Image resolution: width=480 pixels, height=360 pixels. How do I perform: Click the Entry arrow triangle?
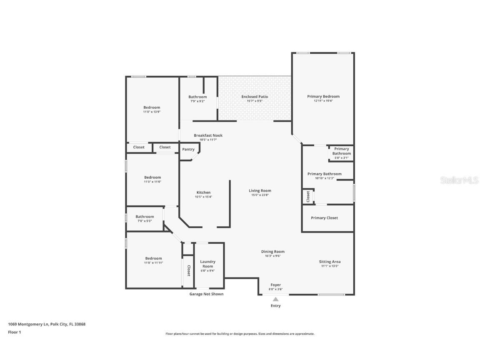point(275,299)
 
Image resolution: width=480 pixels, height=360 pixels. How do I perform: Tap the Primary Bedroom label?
point(323,97)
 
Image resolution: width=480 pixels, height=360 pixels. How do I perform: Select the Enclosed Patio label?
point(255,97)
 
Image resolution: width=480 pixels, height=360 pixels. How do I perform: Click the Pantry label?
point(188,150)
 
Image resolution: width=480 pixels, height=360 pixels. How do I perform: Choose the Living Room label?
point(260,191)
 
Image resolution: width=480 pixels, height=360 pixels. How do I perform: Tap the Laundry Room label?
point(207,264)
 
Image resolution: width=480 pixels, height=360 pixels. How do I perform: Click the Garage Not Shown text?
point(207,294)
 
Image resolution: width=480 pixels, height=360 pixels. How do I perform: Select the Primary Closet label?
point(324,218)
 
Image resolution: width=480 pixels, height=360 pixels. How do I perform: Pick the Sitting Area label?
point(330,262)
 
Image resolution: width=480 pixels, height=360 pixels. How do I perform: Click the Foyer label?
point(275,285)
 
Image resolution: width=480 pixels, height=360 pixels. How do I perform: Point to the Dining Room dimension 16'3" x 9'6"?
point(273,256)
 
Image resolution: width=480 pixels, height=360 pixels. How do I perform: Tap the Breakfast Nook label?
point(208,135)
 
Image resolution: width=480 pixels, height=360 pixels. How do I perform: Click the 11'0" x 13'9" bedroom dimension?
point(152,112)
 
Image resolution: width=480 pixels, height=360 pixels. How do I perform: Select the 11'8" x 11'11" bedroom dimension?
point(153,263)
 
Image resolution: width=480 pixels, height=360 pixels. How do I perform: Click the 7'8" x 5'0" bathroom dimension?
point(145,221)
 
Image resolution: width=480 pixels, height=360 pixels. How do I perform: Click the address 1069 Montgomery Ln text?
point(47,324)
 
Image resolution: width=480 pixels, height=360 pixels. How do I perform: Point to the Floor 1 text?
point(15,332)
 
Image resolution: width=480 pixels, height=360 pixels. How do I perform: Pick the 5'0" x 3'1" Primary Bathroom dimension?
point(341,158)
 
